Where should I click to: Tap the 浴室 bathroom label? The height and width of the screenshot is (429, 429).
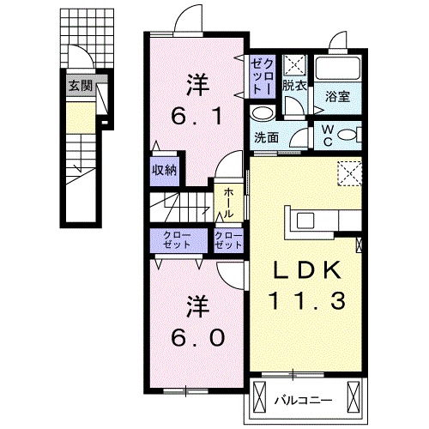click(x=336, y=99)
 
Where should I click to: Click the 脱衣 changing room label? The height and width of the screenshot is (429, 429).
click(x=295, y=85)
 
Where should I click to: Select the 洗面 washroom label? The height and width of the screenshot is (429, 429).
click(x=265, y=137)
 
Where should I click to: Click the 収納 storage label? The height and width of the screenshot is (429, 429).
click(x=165, y=170)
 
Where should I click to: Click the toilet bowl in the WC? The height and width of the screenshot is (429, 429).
click(x=347, y=135)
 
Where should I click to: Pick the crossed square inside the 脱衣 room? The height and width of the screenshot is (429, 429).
click(x=295, y=63)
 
